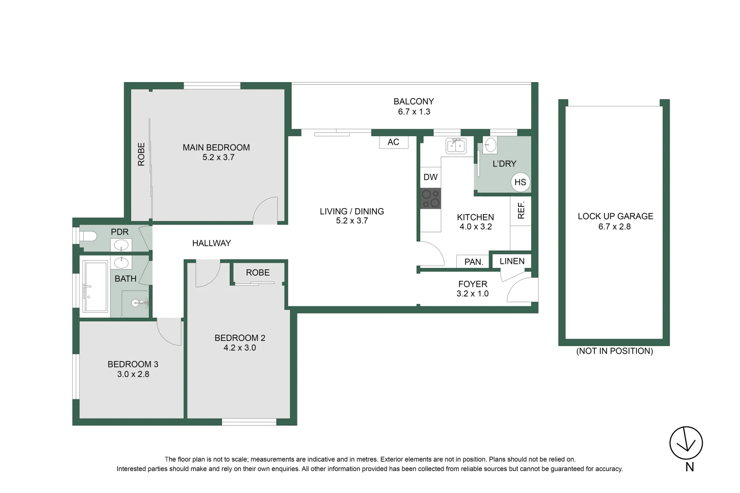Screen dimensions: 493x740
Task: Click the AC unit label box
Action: click(x=393, y=142)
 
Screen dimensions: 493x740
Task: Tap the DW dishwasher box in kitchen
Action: click(x=430, y=177)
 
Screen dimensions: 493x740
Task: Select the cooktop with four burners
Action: click(x=430, y=198)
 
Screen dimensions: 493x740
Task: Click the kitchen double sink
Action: click(x=456, y=146)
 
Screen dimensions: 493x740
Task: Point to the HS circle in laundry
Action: click(x=520, y=182)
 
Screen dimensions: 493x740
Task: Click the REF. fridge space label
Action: click(x=521, y=210)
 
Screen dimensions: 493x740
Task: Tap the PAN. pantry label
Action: click(x=473, y=262)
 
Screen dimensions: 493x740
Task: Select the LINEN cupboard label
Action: click(x=512, y=261)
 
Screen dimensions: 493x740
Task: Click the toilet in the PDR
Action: click(x=88, y=236)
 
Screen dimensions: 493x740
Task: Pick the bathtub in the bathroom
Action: click(x=95, y=286)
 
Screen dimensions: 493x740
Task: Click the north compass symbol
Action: click(x=686, y=443)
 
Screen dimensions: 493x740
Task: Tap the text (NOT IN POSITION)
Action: click(x=614, y=351)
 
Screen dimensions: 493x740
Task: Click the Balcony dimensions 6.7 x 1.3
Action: click(x=414, y=112)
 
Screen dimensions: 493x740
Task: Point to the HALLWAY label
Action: click(x=211, y=243)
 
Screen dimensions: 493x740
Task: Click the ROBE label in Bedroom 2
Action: click(x=258, y=273)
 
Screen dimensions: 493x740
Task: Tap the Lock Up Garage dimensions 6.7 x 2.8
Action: click(x=614, y=226)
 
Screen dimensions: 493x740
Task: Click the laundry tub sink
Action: click(x=490, y=146)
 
